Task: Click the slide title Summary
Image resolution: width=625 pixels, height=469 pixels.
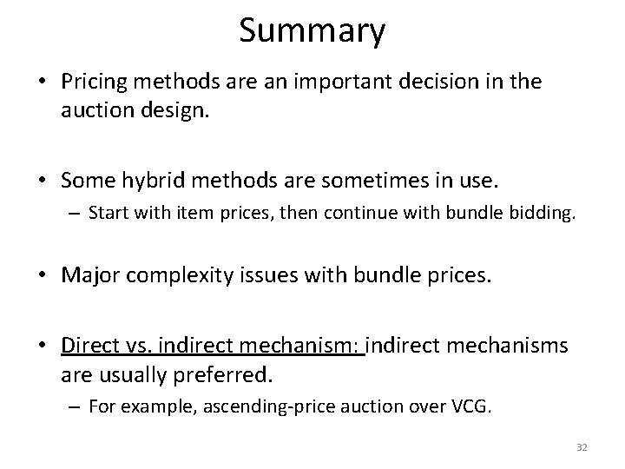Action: pos(312,31)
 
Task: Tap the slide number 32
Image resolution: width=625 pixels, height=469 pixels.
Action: pos(582,446)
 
